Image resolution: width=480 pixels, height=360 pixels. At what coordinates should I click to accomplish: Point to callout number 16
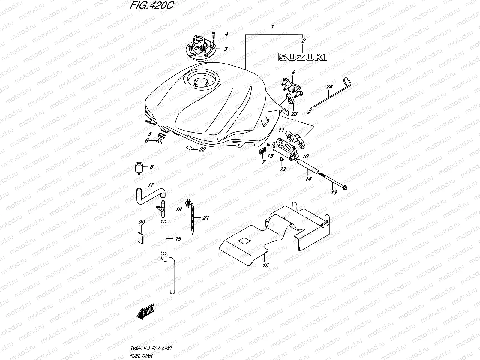pos(266,265)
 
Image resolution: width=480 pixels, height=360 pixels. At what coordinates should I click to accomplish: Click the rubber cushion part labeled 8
pos(138,167)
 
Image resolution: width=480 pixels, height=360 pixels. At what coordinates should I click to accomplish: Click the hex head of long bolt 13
pos(345,189)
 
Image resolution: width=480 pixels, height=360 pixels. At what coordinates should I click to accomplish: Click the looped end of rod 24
pos(347,81)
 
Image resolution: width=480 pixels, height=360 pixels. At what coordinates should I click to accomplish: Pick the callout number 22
pos(202,149)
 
